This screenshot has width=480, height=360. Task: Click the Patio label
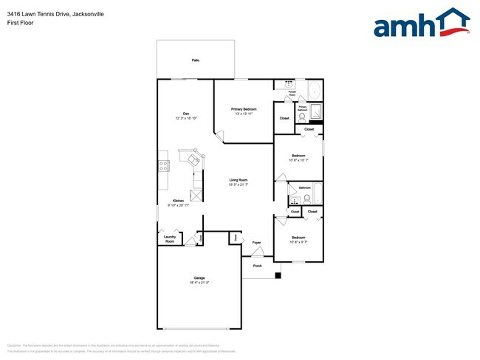[196, 60]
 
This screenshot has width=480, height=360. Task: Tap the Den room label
[186, 114]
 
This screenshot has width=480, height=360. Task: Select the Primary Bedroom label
[244, 109]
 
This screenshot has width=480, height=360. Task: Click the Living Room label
[238, 180]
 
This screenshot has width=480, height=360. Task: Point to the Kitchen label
[178, 201]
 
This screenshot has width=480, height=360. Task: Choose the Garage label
[199, 277]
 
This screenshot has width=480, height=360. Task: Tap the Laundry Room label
[170, 238]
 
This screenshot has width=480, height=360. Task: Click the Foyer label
[257, 242]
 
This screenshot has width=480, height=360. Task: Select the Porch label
[257, 266]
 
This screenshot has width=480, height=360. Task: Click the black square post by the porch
[278, 276]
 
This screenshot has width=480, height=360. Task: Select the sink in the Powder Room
[287, 86]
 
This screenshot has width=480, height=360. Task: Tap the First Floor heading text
[20, 23]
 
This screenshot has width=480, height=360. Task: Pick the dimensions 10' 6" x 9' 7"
[298, 242]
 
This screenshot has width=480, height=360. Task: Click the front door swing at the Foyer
[257, 255]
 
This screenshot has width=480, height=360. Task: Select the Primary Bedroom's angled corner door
[219, 136]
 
